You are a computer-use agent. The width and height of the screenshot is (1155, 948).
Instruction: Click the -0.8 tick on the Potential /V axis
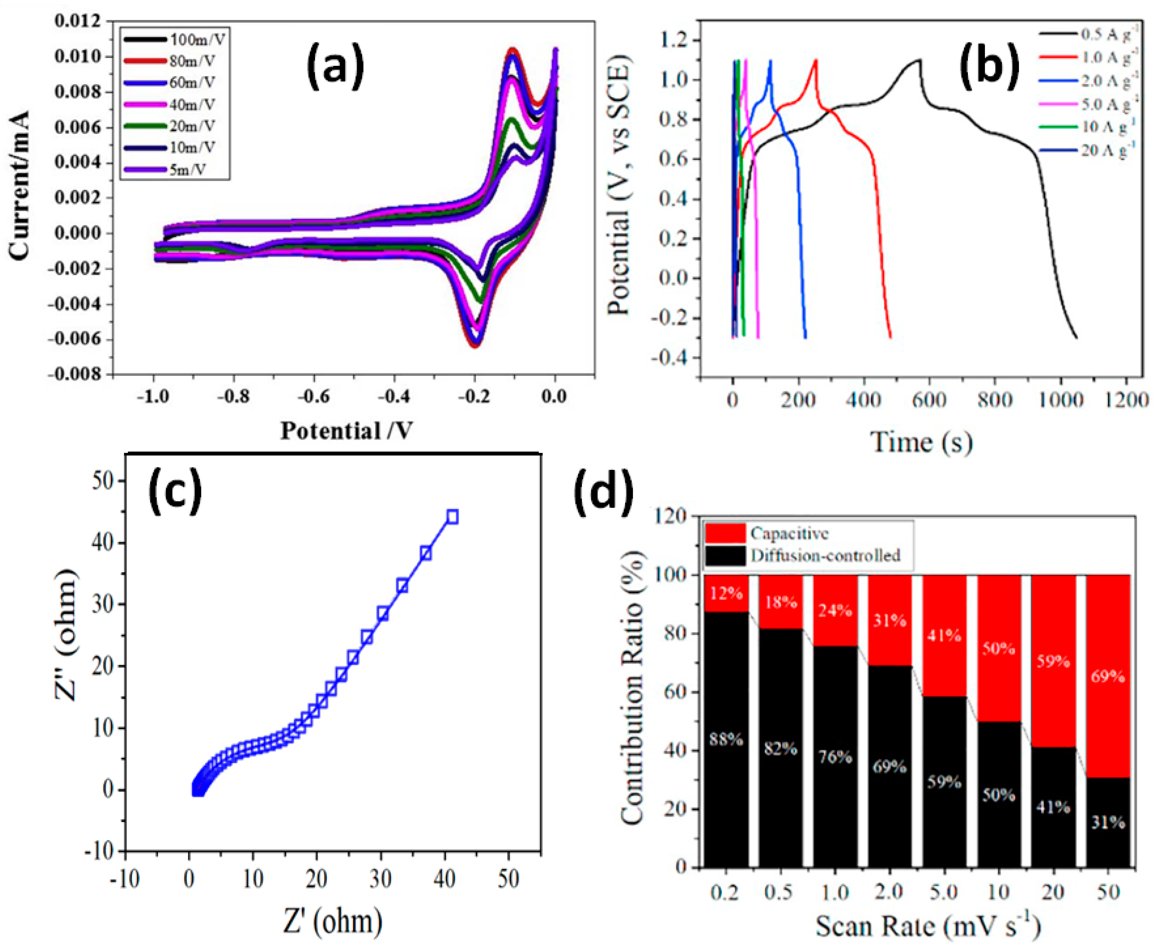(234, 396)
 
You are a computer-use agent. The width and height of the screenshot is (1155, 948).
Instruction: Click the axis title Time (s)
(921, 442)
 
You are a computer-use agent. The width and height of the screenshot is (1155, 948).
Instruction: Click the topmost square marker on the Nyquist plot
(452, 517)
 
